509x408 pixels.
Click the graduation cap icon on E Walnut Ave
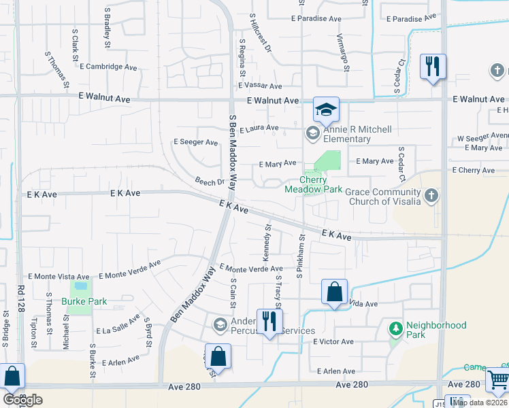click(326, 109)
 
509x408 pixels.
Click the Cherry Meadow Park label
click(313, 184)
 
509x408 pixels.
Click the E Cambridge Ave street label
click(110, 67)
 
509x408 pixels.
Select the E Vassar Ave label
click(260, 86)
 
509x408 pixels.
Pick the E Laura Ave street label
click(259, 128)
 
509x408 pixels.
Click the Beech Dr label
click(210, 182)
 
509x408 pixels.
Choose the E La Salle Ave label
click(119, 330)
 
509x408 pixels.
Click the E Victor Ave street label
click(333, 341)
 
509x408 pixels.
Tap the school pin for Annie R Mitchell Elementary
click(313, 133)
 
